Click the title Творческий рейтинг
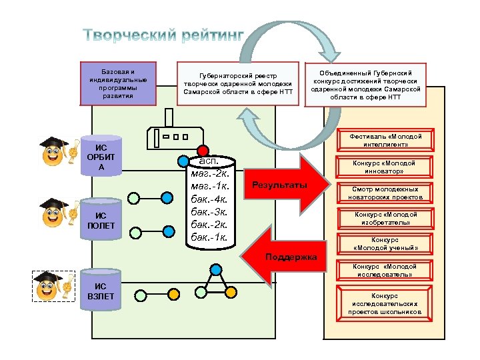[164, 35]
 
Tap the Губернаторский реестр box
[238, 83]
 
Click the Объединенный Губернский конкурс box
[366, 83]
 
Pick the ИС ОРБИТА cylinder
[101, 157]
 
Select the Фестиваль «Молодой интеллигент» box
[386, 140]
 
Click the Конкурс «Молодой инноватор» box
[386, 167]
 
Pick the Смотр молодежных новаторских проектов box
[386, 193]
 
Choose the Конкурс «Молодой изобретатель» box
[386, 218]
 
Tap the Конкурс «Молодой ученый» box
[386, 244]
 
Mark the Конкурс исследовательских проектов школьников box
[386, 303]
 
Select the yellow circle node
[173, 293]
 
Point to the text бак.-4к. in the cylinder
[210, 199]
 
